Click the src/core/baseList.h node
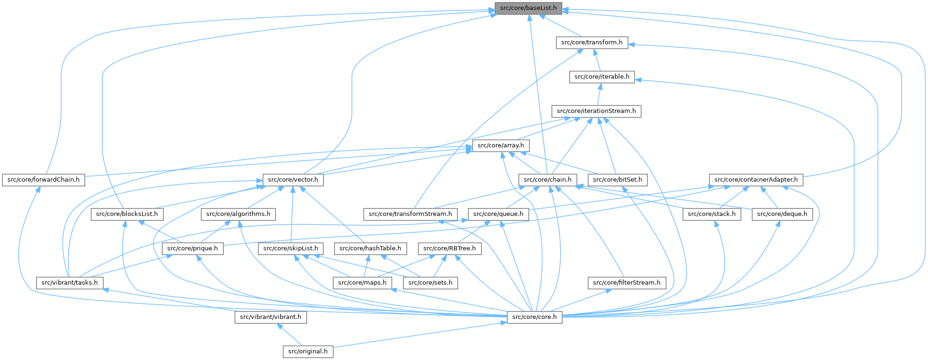[528, 8]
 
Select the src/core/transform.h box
[592, 42]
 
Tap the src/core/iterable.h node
[602, 77]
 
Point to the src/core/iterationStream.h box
[596, 111]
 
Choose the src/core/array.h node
[500, 146]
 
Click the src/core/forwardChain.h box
[44, 180]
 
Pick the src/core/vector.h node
[293, 180]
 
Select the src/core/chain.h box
[548, 180]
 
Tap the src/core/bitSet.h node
[618, 180]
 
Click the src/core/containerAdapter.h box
[756, 180]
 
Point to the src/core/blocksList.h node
[127, 214]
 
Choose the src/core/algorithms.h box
[238, 214]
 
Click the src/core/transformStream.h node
[410, 214]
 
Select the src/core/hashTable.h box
[370, 249]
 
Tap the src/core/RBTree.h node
[449, 249]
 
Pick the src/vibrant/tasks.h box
[70, 283]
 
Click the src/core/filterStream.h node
[627, 283]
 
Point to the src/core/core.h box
[534, 317]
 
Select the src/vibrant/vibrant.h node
[270, 317]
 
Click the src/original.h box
[308, 352]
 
